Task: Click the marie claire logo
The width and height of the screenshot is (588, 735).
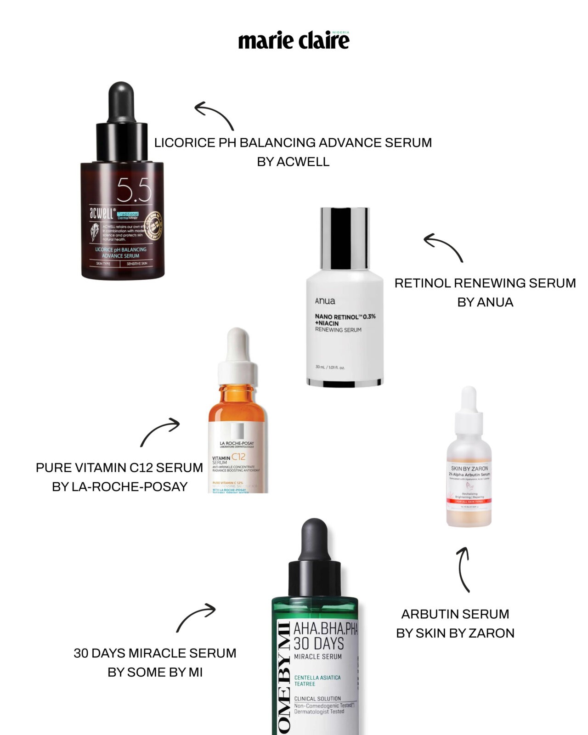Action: point(294,41)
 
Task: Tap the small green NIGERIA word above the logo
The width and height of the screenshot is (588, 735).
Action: point(340,33)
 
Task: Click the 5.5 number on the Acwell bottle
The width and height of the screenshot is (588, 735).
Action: point(134,190)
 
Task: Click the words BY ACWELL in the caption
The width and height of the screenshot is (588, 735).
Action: point(293,162)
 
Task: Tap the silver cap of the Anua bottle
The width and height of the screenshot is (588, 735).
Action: point(345,238)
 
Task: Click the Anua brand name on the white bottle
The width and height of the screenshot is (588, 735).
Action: point(325,301)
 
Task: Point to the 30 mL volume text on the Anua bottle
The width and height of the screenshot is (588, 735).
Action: point(330,367)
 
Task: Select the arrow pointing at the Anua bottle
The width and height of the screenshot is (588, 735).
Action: point(443,247)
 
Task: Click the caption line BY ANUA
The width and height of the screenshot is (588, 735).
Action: point(485,302)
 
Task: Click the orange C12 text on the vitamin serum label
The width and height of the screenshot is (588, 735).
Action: point(238,457)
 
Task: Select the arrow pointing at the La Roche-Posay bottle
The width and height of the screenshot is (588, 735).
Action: point(159,431)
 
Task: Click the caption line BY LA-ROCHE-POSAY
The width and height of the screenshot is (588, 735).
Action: point(119,486)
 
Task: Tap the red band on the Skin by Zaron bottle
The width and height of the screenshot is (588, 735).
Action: point(469,501)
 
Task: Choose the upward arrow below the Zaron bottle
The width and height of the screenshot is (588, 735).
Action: point(464,569)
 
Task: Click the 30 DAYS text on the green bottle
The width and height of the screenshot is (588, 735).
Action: point(319,643)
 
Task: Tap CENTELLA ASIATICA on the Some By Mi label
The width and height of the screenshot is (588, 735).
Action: point(317,678)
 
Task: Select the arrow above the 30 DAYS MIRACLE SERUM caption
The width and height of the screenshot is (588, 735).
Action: point(196,617)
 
